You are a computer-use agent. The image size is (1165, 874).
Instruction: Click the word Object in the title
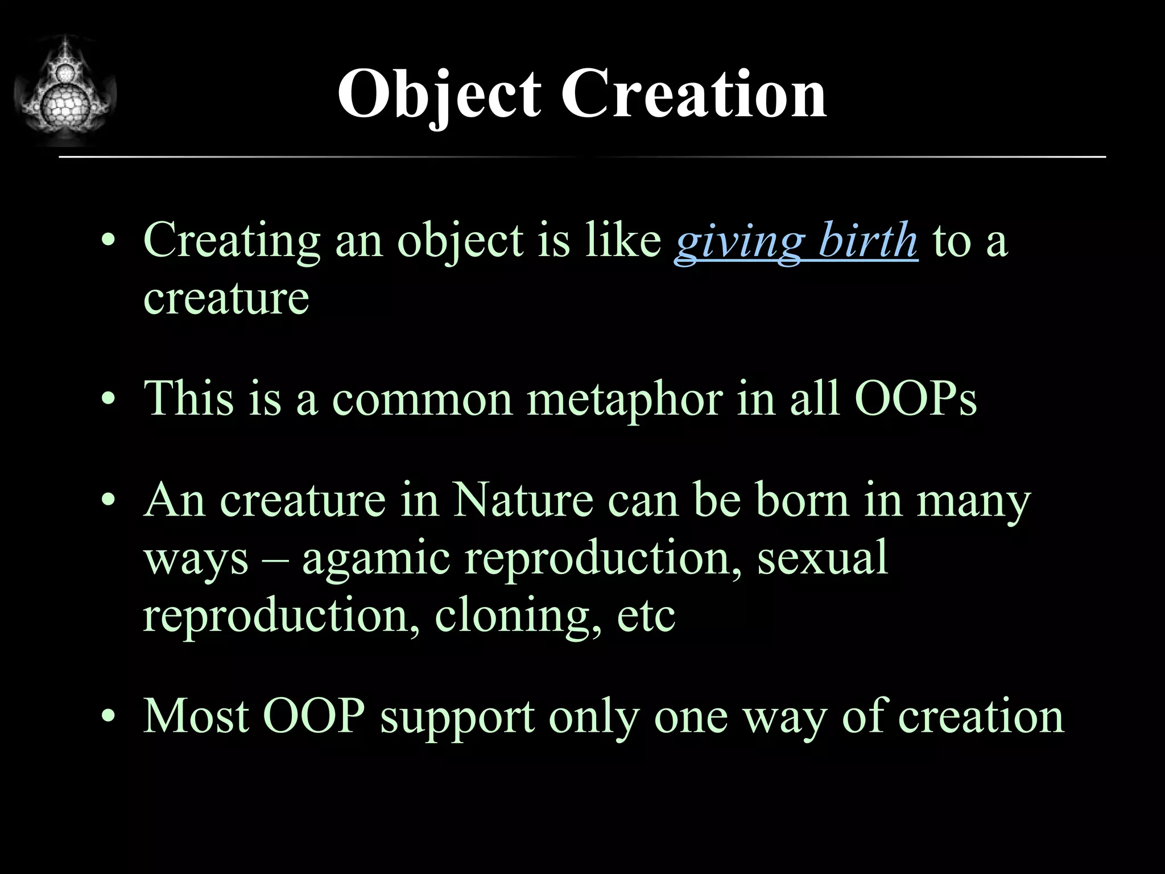click(x=439, y=94)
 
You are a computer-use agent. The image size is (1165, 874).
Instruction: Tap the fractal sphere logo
click(x=65, y=91)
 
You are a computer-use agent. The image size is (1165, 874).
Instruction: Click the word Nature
click(x=523, y=501)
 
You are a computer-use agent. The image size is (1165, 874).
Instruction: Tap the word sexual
click(x=822, y=559)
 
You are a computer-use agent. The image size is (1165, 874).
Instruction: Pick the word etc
click(x=646, y=617)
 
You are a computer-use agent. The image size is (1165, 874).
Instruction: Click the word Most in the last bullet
click(x=196, y=717)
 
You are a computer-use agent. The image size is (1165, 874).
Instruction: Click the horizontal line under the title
click(x=582, y=156)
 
